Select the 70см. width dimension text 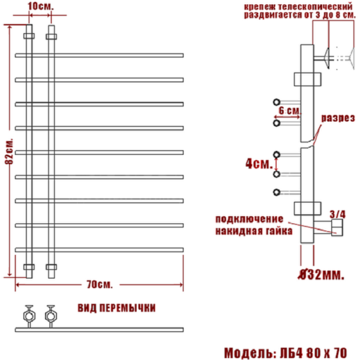pyautogui.click(x=100, y=283)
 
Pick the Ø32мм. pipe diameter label pyautogui.click(x=321, y=275)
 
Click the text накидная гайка pyautogui.click(x=254, y=230)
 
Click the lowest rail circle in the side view pyautogui.click(x=277, y=193)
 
